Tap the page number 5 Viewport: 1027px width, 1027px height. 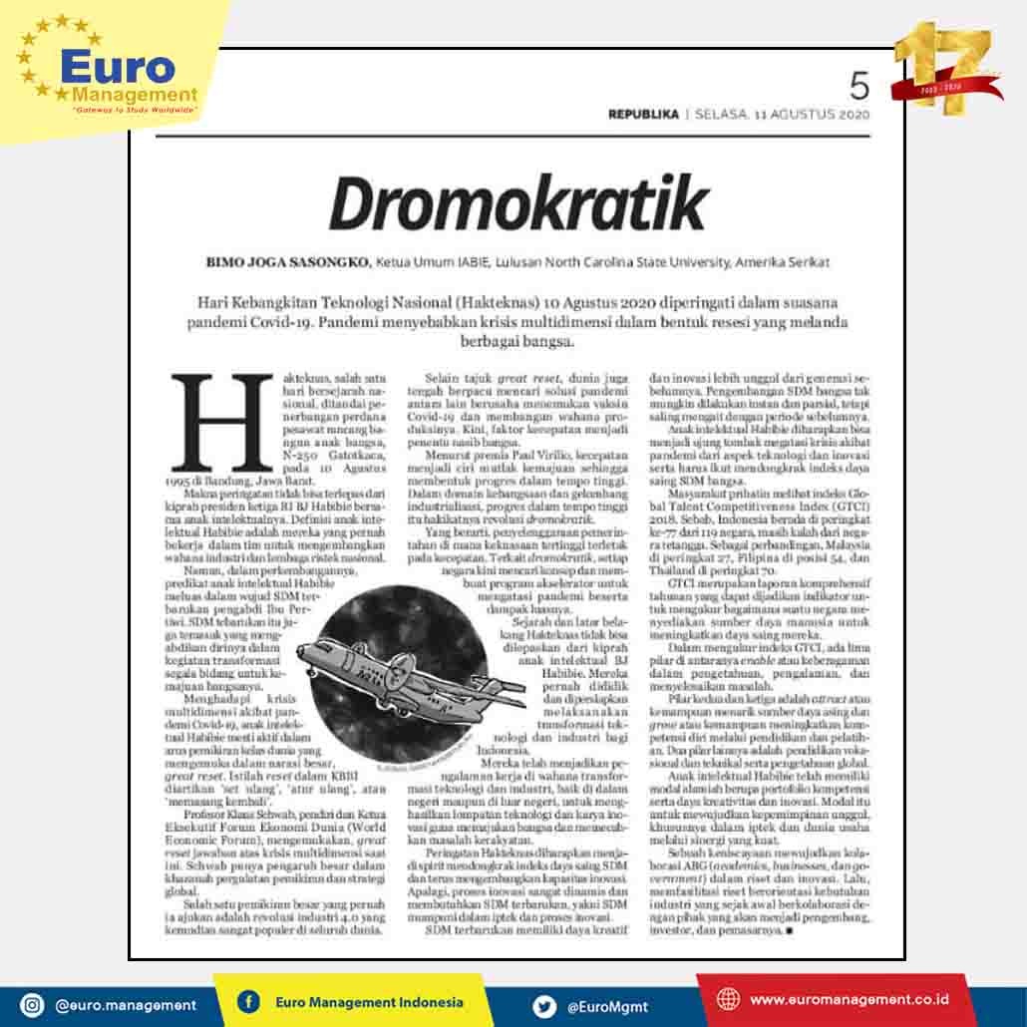coord(858,87)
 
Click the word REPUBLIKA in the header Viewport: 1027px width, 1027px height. coord(643,115)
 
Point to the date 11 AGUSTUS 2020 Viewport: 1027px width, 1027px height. coord(812,115)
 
